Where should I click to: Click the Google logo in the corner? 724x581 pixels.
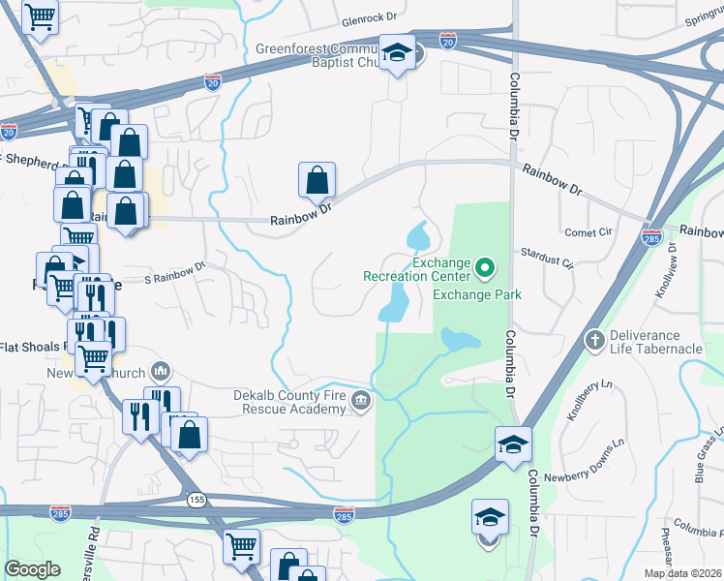pyautogui.click(x=33, y=569)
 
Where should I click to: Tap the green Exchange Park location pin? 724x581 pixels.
pyautogui.click(x=487, y=263)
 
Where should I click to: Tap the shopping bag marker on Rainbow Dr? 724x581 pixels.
pyautogui.click(x=317, y=179)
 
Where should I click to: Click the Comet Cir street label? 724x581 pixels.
pyautogui.click(x=589, y=232)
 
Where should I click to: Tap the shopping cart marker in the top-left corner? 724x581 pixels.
pyautogui.click(x=39, y=15)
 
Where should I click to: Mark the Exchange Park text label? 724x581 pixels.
pyautogui.click(x=477, y=294)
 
